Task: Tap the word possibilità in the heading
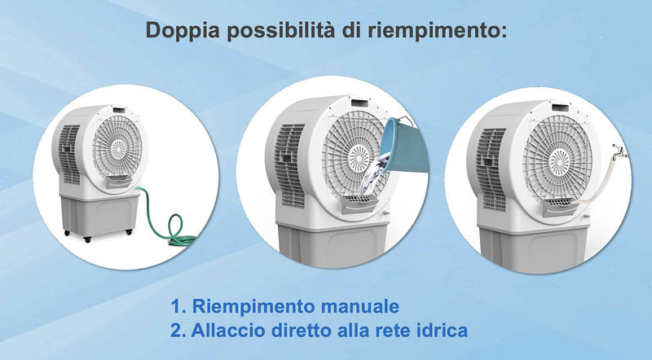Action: (x=281, y=30)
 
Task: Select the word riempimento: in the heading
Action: (x=443, y=30)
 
